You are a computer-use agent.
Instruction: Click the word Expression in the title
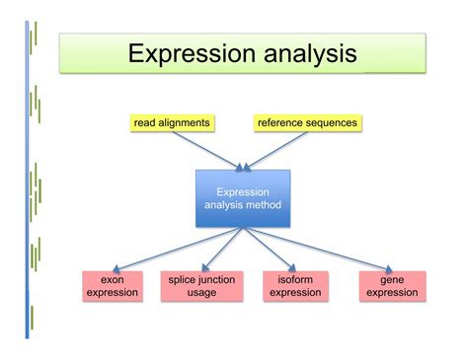pyautogui.click(x=192, y=53)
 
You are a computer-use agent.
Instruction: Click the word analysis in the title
pyautogui.click(x=310, y=53)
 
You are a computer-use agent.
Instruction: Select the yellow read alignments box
pyautogui.click(x=172, y=123)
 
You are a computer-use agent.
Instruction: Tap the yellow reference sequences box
pyautogui.click(x=307, y=123)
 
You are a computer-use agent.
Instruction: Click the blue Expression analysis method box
pyautogui.click(x=243, y=198)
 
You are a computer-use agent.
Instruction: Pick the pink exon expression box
pyautogui.click(x=113, y=286)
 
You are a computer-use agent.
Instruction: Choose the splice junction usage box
pyautogui.click(x=201, y=286)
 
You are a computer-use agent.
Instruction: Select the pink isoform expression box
pyautogui.click(x=295, y=286)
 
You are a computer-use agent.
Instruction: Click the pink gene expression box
pyautogui.click(x=392, y=286)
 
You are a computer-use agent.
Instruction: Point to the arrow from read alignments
pyautogui.click(x=207, y=151)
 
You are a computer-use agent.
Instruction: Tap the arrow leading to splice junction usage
pyautogui.click(x=222, y=249)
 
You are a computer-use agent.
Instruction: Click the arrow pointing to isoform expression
pyautogui.click(x=270, y=249)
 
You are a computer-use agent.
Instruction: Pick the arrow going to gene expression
pyautogui.click(x=318, y=249)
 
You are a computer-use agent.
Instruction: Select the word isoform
pyautogui.click(x=295, y=280)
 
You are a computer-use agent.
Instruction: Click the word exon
pyautogui.click(x=113, y=280)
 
